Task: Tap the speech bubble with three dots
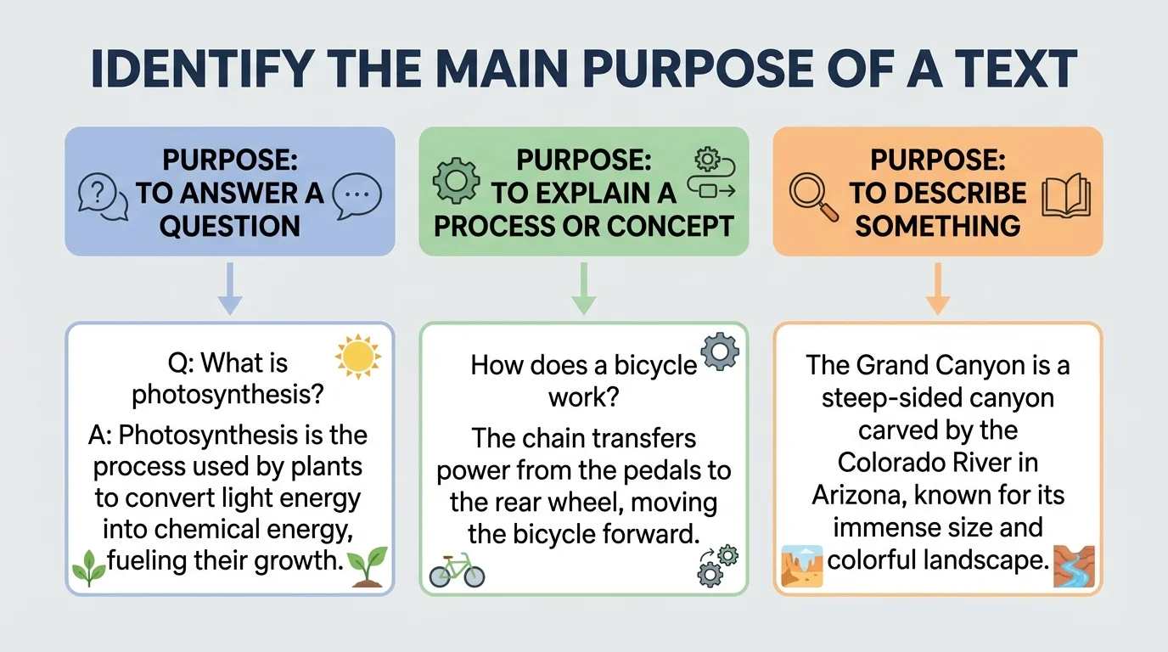[357, 195]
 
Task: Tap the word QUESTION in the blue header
[230, 226]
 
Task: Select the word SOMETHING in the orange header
[937, 226]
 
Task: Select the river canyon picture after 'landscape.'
[1073, 566]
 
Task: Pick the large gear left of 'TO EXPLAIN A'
[452, 180]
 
